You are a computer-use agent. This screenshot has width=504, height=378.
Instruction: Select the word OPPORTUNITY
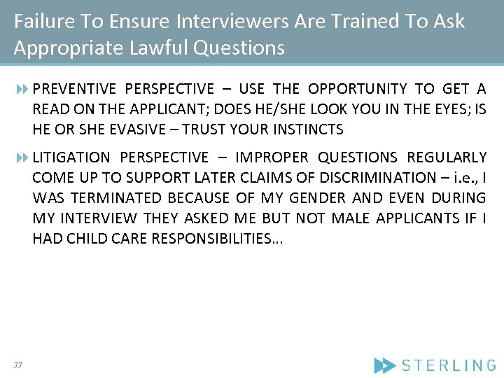coord(357,89)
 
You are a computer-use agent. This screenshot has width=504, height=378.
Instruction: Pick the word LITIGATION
coord(71,157)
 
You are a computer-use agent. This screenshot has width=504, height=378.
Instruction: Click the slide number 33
coord(17,364)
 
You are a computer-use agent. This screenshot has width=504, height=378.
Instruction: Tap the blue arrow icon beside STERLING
coord(384,365)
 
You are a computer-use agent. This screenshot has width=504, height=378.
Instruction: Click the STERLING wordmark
coord(449,365)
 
